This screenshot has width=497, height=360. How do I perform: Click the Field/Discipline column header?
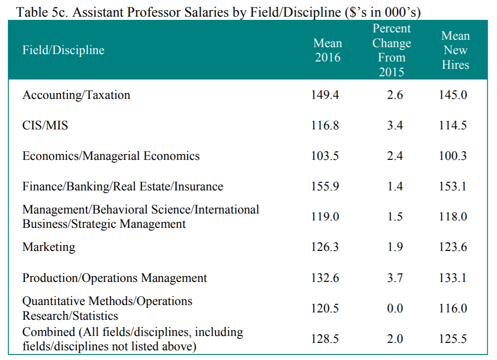63,50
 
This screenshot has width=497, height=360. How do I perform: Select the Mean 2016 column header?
327,50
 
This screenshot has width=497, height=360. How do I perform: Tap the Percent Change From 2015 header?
391,50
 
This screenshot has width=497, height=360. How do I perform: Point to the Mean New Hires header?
455,50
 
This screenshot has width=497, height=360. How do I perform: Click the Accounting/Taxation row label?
76,95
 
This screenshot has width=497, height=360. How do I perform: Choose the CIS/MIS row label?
45,125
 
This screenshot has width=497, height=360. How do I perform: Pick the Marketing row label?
48,247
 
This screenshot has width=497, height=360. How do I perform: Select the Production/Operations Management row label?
115,278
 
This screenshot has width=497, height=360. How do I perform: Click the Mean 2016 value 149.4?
325,95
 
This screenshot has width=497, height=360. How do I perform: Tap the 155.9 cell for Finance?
325,187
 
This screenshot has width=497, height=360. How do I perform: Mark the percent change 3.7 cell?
395,278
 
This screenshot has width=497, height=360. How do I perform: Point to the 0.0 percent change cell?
395,309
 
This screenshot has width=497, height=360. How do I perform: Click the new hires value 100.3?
453,156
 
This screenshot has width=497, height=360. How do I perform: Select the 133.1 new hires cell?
453,278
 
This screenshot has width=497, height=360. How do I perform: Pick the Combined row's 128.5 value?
325,339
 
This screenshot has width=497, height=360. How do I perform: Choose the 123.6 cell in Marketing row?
453,247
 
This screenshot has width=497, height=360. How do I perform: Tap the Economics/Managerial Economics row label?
111,156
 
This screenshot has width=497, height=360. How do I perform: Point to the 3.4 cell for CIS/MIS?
395,125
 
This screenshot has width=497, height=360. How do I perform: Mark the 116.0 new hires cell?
453,309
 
